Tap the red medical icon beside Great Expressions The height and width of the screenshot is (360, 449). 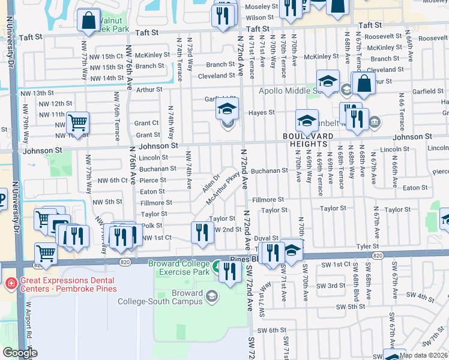pos(11,283)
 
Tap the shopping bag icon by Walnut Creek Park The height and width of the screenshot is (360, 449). pos(89,20)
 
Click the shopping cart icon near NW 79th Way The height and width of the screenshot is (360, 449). pos(77,123)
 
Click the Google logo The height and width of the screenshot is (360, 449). pos(20,353)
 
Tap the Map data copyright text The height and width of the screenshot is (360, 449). pos(423,355)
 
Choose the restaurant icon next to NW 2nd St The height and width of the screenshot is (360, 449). pos(202,233)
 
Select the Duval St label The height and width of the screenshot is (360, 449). pos(267,238)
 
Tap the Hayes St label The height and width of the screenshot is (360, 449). pos(262,112)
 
